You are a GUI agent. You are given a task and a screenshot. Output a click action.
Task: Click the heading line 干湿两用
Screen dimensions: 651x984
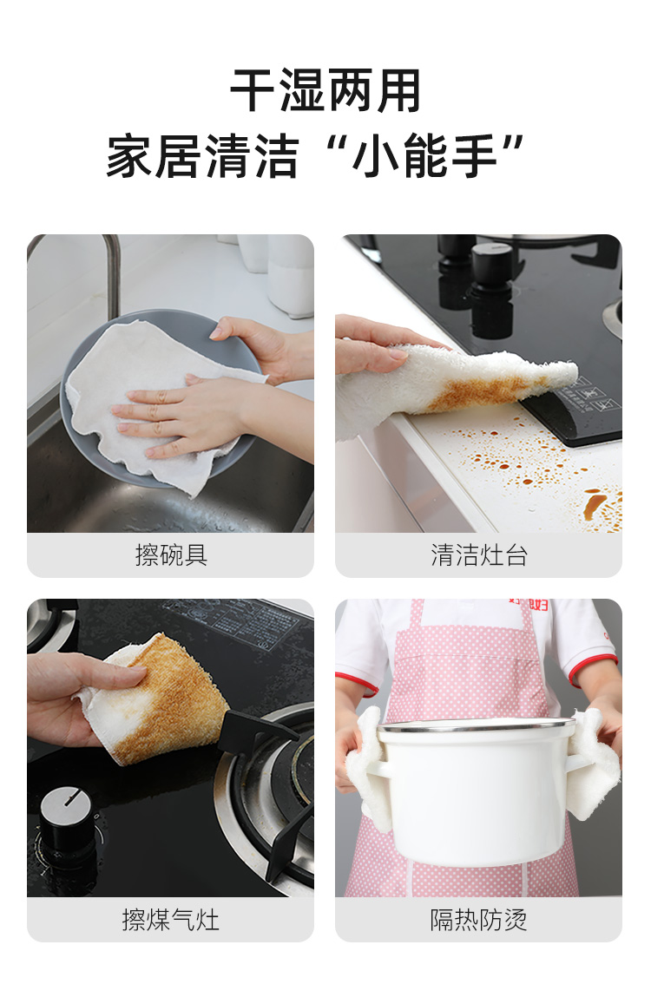pos(325,92)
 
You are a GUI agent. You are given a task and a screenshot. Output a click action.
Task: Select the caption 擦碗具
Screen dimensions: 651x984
pos(171,555)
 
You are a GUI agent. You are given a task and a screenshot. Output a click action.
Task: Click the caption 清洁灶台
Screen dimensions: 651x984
pos(479,555)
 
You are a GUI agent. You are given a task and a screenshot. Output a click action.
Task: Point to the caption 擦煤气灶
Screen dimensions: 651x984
pos(171,920)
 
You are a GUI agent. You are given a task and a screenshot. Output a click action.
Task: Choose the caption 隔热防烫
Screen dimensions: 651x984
pos(479,920)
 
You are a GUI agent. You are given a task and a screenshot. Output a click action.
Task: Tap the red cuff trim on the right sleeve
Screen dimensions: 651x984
pos(592,669)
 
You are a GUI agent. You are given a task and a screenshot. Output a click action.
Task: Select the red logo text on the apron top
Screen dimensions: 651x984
pos(529,604)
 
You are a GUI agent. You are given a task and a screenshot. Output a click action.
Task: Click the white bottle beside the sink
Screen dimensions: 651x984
pos(290,275)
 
